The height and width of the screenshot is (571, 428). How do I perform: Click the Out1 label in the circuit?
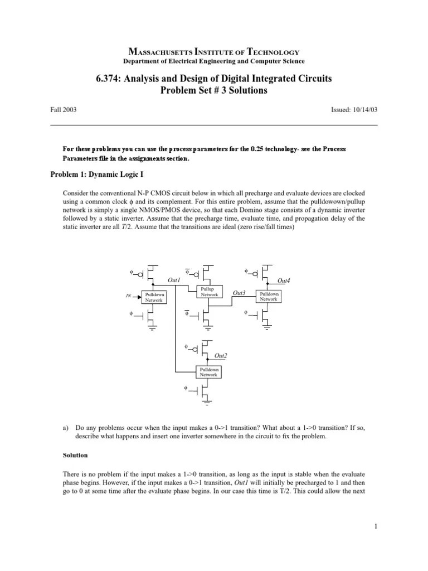click(174, 279)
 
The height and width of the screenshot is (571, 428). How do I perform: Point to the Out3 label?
click(239, 293)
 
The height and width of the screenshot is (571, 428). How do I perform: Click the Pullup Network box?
click(209, 292)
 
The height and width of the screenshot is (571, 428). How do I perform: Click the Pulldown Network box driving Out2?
click(209, 372)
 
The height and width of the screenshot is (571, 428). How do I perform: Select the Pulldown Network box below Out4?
click(268, 297)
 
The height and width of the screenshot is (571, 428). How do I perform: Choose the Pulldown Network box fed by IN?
click(154, 297)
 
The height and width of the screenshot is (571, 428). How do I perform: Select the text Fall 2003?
click(64, 110)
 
